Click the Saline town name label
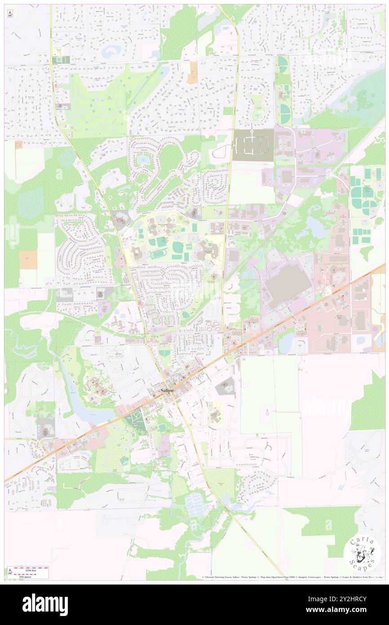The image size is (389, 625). coord(167,391)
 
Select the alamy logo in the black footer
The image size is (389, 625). coord(45,605)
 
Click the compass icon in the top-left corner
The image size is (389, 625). coord(10,14)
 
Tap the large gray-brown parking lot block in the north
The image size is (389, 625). coord(253,145)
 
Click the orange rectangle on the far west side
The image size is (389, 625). coord(28,260)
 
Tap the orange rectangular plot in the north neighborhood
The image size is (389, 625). coord(193,72)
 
